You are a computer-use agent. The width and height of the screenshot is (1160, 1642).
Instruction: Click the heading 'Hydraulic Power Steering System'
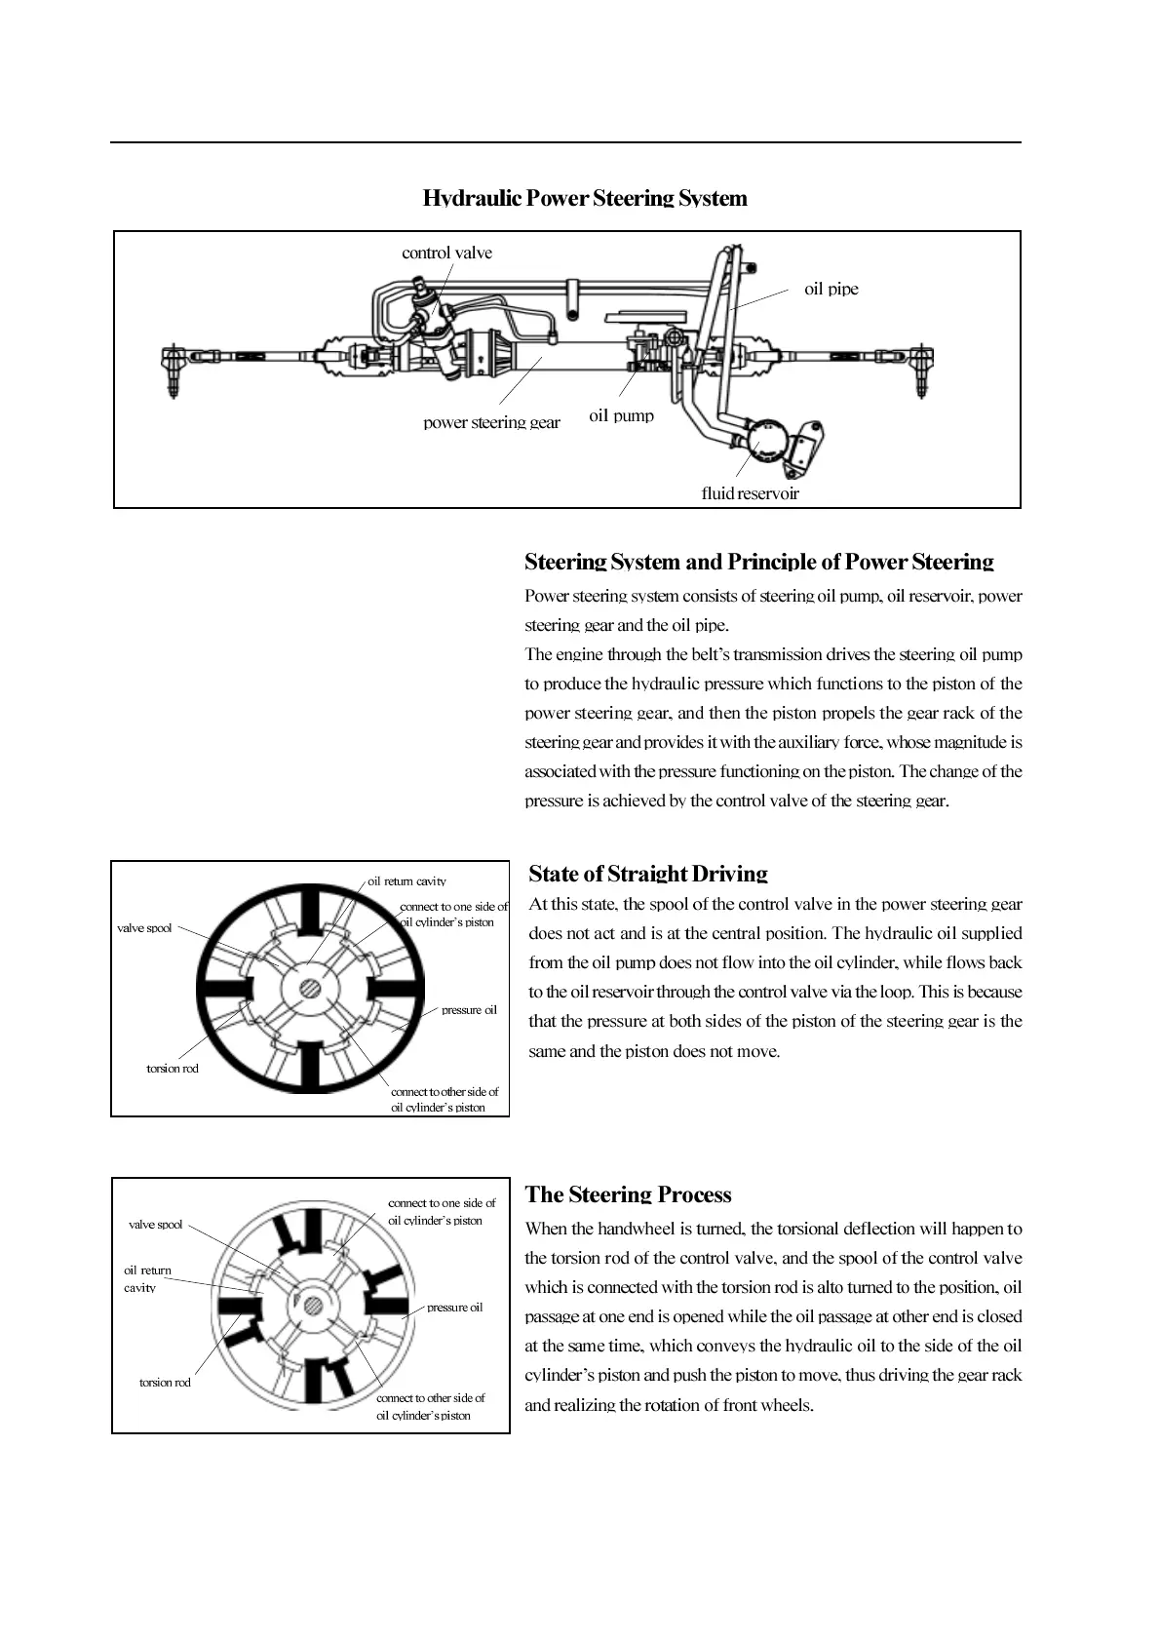585,198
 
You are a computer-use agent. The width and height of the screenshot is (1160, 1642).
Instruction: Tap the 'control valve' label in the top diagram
446,253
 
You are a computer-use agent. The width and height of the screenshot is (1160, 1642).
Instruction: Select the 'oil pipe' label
831,289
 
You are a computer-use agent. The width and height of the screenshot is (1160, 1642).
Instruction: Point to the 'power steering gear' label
491,422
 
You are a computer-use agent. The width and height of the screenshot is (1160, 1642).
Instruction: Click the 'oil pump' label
621,415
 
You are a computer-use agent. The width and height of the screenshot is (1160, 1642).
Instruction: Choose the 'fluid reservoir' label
750,493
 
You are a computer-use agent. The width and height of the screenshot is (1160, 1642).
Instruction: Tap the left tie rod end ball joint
174,366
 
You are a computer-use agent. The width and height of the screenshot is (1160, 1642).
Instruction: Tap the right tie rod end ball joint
920,366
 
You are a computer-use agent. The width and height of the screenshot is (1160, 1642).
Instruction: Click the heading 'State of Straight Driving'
647,874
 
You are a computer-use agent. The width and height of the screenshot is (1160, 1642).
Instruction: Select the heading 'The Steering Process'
628,1194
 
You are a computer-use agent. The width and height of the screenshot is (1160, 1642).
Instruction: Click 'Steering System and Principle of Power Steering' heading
758,562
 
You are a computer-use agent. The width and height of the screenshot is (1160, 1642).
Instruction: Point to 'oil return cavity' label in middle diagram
406,881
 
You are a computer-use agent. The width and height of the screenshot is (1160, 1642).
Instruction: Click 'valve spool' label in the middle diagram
144,928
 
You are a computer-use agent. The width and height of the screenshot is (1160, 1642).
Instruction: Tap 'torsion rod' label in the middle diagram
172,1069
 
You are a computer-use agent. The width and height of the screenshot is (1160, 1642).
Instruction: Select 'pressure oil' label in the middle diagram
469,1010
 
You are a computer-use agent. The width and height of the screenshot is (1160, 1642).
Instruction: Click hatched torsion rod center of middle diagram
311,989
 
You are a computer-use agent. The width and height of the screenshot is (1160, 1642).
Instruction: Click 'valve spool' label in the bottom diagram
155,1225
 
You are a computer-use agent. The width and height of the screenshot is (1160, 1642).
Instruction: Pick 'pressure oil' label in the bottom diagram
454,1308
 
